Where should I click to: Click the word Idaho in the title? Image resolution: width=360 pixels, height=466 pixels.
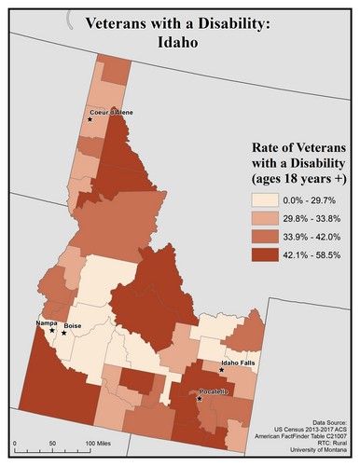pyautogui.click(x=180, y=43)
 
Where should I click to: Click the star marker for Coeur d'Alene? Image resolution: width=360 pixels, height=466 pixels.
pyautogui.click(x=90, y=119)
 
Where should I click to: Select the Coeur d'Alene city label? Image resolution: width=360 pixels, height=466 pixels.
pyautogui.click(x=112, y=112)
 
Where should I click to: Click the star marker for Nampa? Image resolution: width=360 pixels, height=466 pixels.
pyautogui.click(x=52, y=330)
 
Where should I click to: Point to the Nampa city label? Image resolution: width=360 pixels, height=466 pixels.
pyautogui.click(x=47, y=322)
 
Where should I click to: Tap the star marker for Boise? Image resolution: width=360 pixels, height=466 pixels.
pyautogui.click(x=64, y=333)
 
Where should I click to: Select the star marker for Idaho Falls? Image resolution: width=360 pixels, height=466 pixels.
pyautogui.click(x=221, y=370)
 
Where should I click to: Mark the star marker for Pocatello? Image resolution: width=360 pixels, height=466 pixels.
pyautogui.click(x=201, y=399)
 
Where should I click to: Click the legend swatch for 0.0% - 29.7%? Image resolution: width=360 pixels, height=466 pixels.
pyautogui.click(x=269, y=200)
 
